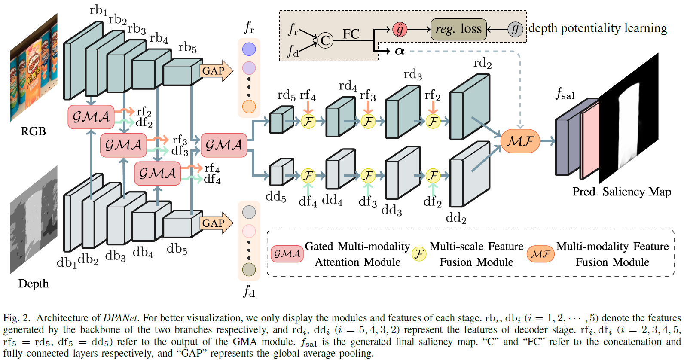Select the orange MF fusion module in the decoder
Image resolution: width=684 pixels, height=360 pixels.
point(520,141)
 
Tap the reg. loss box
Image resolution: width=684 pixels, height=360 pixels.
point(458,29)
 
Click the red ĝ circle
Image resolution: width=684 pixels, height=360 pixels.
point(400,29)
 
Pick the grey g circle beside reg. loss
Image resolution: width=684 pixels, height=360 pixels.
point(515,29)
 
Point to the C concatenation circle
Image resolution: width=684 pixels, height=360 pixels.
point(325,40)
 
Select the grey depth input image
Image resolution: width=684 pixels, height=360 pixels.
point(34,219)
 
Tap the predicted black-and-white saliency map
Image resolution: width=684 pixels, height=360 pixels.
point(629,118)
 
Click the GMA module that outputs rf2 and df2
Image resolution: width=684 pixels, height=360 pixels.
point(91,117)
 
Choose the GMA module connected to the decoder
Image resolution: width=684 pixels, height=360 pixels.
point(224,145)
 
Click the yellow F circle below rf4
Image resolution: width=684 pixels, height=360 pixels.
point(308,121)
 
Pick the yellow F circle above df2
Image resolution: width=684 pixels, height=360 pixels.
point(433,176)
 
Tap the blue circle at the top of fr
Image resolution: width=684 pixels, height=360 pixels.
point(249,49)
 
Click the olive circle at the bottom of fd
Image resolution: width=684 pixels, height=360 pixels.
point(249,269)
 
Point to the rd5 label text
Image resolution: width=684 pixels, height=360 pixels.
point(286,95)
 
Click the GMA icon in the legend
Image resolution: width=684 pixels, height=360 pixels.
point(287,254)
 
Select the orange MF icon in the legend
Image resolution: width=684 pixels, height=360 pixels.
point(540,254)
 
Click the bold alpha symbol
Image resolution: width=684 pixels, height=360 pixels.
point(400,51)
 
